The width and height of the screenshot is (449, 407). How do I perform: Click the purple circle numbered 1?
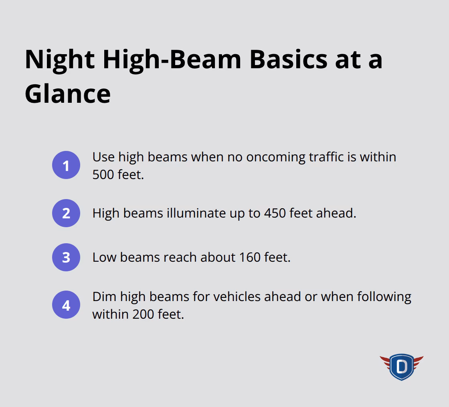[x=66, y=165]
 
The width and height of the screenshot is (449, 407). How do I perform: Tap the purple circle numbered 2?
[x=66, y=213]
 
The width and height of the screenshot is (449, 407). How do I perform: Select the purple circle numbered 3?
[x=66, y=257]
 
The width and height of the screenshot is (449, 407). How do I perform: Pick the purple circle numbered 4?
[x=66, y=305]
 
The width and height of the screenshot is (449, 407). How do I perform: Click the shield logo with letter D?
[x=401, y=366]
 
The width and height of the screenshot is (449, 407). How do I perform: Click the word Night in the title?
[x=60, y=59]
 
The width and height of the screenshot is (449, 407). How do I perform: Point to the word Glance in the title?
[x=67, y=94]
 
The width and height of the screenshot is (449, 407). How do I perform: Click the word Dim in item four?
[x=104, y=297]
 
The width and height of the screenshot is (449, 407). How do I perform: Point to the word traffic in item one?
[x=326, y=157]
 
